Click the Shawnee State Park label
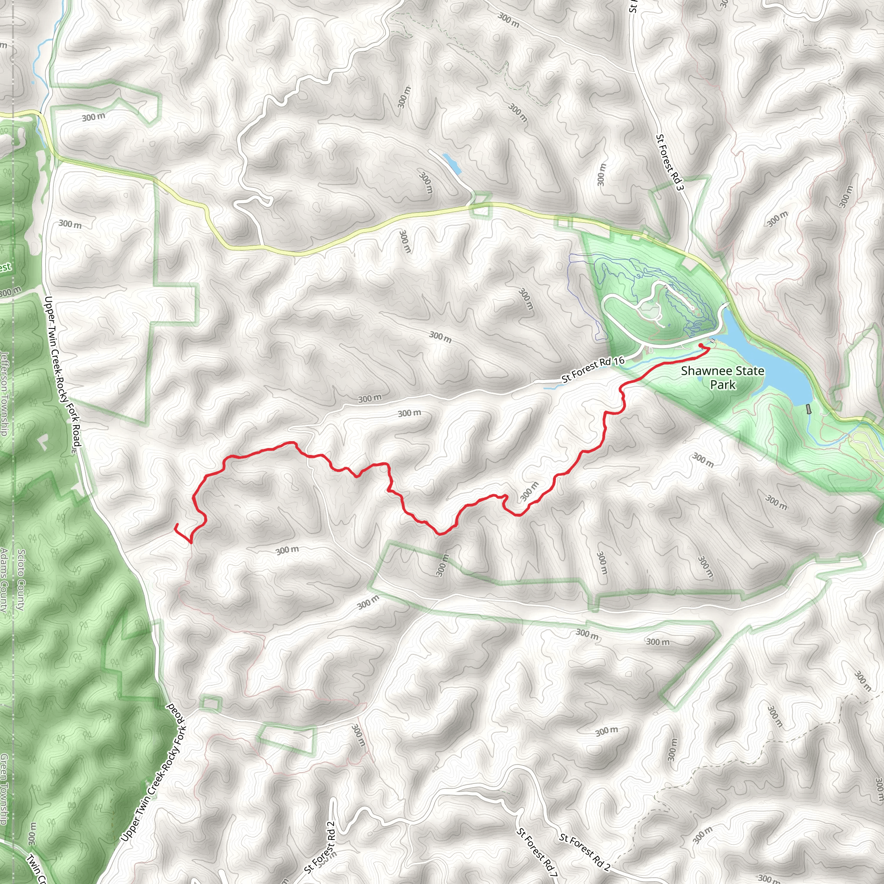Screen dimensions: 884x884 pyautogui.click(x=723, y=378)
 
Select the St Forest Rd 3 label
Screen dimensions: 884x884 pyautogui.click(x=669, y=162)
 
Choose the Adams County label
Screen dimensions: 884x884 pyautogui.click(x=5, y=580)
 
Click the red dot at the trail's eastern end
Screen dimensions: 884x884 pyautogui.click(x=701, y=345)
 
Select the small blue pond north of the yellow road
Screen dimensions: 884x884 pyautogui.click(x=451, y=163)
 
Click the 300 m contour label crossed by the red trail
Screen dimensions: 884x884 pyautogui.click(x=529, y=491)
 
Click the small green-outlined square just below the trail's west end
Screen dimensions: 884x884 pyautogui.click(x=210, y=704)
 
